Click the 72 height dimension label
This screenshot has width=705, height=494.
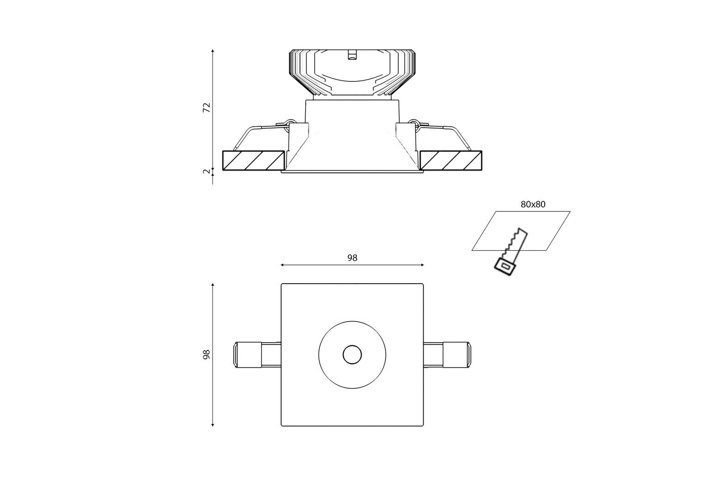pos(207,108)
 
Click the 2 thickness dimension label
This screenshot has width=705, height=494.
pos(207,172)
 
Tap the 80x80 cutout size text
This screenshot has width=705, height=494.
pos(533,204)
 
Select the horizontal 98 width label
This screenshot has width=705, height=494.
pos(352,258)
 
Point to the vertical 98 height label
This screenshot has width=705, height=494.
pos(207,354)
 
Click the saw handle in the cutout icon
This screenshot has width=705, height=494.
pos(505,267)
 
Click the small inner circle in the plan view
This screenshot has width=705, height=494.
pos(352,355)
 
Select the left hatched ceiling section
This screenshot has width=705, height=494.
pos(254,161)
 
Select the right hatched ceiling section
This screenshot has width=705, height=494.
pos(451,161)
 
